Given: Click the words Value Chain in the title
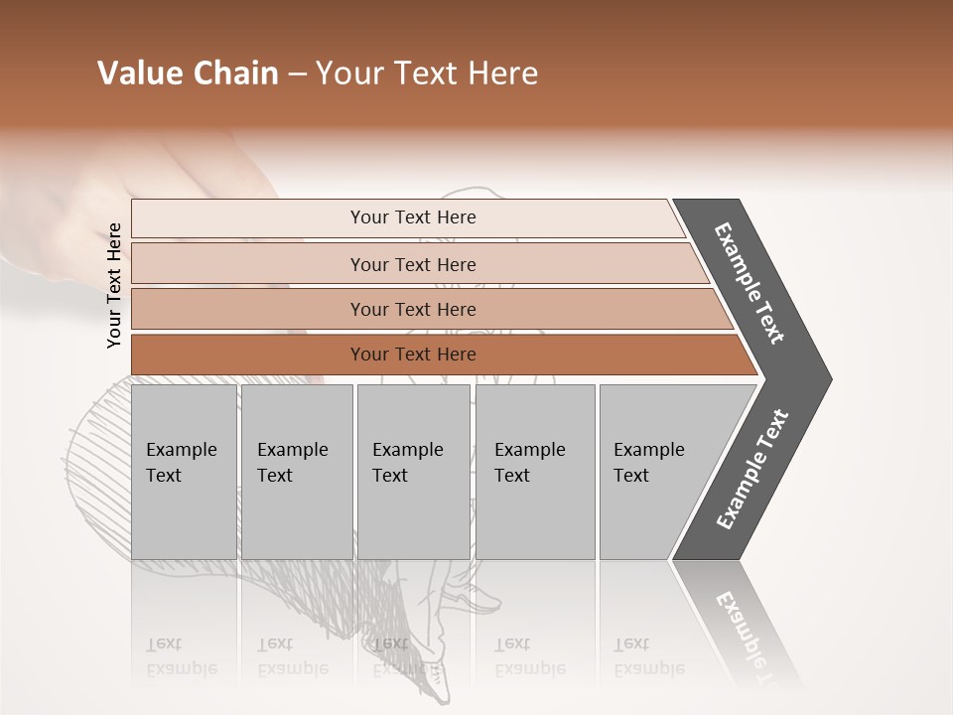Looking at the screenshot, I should pyautogui.click(x=188, y=73).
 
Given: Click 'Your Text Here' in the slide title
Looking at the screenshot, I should pyautogui.click(x=427, y=73).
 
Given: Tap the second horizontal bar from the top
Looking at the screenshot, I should pyautogui.click(x=412, y=264).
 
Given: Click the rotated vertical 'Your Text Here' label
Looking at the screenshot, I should pyautogui.click(x=114, y=285).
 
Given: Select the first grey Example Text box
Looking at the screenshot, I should pyautogui.click(x=184, y=472).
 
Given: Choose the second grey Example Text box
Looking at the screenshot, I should pyautogui.click(x=296, y=472).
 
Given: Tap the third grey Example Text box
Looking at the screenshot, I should pyautogui.click(x=413, y=472).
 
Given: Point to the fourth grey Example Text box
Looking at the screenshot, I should pyautogui.click(x=534, y=472).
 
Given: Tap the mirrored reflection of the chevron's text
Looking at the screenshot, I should pyautogui.click(x=745, y=631).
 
